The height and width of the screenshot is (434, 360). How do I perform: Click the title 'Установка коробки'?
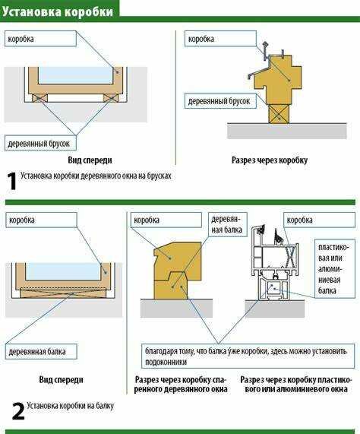coord(58,12)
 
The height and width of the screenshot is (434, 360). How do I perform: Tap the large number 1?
coord(11,181)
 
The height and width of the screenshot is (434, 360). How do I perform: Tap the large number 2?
coord(18,411)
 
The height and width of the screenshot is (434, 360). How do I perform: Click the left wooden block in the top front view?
coord(39,98)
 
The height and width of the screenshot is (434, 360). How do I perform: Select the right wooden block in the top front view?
coord(112,98)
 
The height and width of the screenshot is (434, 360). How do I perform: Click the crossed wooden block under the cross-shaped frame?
coord(279,113)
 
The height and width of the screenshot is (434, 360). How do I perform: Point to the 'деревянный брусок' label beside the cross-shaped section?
coord(220,101)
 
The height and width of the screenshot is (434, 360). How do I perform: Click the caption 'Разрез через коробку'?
coord(270,160)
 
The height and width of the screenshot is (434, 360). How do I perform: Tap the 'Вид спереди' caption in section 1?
coord(90,160)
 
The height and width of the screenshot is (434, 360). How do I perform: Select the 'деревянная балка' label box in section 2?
coord(41,351)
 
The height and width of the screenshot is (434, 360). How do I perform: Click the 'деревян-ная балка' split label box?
coord(227,224)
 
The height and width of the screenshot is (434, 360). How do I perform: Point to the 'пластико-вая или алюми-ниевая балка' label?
coord(335,268)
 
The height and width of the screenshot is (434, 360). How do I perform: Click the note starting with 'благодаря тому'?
coord(248,356)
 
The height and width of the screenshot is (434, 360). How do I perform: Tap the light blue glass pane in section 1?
coord(75,75)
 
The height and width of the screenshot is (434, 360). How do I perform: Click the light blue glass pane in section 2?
coord(63,271)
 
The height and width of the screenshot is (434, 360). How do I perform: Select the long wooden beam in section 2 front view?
coord(63,293)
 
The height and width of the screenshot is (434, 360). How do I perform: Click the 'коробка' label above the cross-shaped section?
coord(220,39)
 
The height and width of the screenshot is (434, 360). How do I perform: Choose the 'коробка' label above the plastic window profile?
coord(319,220)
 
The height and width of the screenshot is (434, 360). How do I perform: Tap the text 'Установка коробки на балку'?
coord(70,406)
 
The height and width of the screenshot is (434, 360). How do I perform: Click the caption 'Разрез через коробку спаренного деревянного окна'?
coord(181,385)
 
